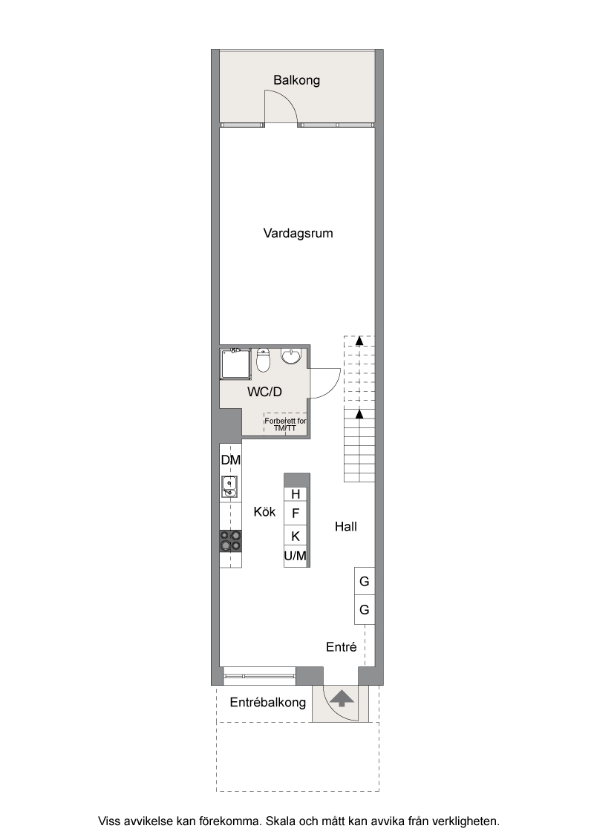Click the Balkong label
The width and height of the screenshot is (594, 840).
coord(296,80)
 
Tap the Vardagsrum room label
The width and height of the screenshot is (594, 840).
coord(298,233)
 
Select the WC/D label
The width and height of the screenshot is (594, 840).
coord(265,391)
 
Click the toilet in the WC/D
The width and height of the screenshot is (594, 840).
coord(263,361)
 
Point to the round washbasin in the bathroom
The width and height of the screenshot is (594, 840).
coord(291,358)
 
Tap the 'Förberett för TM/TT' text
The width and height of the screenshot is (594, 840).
coord(285,424)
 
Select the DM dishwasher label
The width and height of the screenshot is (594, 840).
coord(231,460)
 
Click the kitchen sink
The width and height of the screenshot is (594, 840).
coord(229,487)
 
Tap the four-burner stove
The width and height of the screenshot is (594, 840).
coord(230,540)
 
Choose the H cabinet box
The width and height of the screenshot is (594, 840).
coord(296,494)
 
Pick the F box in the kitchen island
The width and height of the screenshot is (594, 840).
coord(296,513)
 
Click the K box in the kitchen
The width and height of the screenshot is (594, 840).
coord(296,536)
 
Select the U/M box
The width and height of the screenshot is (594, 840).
coord(296,557)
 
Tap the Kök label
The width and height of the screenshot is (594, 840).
coord(264,512)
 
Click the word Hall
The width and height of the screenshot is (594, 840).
coord(346,527)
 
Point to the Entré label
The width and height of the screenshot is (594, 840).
coord(342,647)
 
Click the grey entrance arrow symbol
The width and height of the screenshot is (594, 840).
coord(341,698)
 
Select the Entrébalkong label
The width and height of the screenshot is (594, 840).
coord(267,702)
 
